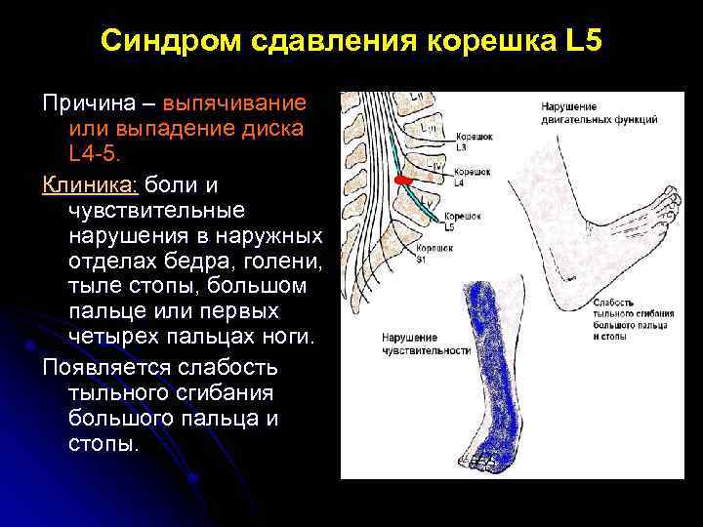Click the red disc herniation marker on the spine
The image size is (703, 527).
[399, 182]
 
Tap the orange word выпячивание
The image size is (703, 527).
[235, 102]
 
